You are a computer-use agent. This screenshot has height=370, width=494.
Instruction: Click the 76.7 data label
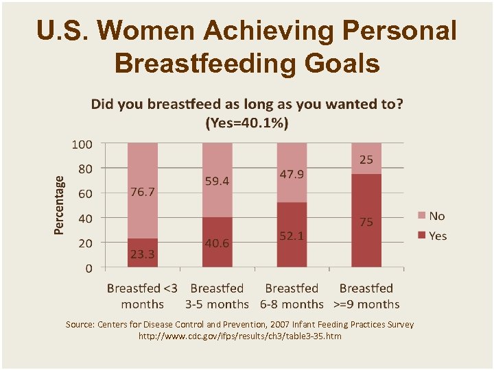(143, 193)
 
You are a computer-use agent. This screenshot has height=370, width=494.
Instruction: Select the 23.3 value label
(143, 254)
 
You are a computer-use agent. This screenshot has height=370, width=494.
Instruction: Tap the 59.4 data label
(217, 182)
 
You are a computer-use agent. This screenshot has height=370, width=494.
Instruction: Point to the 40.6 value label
(217, 242)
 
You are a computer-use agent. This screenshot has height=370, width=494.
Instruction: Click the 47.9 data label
(292, 174)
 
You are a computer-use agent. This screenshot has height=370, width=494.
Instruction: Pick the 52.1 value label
(292, 235)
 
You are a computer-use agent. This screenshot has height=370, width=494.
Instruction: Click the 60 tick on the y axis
(85, 194)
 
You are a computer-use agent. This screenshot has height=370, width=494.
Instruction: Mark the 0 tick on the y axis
(89, 268)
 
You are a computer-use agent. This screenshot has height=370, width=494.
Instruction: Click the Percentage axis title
(60, 205)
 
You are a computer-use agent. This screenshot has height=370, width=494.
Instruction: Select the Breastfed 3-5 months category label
(217, 296)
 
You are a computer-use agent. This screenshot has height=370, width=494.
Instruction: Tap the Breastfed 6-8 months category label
(292, 296)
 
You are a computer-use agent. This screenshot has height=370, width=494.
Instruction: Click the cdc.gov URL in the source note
(239, 336)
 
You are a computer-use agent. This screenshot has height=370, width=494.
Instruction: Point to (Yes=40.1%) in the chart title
(247, 123)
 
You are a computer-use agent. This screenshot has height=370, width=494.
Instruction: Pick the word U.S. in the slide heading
(62, 31)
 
